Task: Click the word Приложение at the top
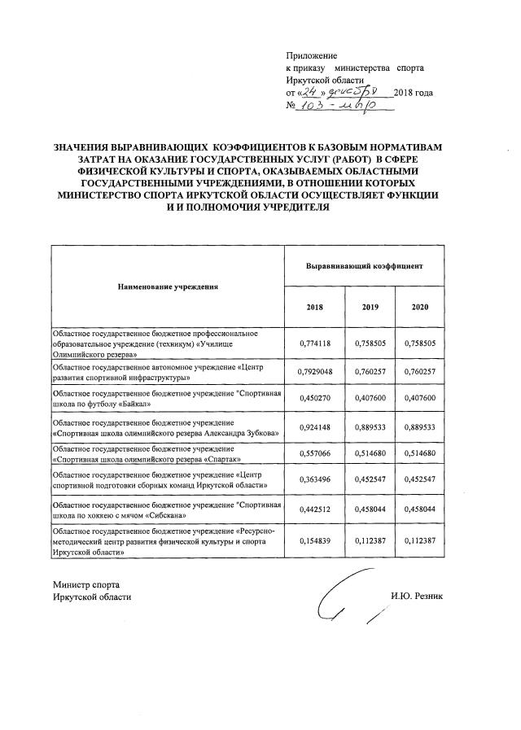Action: [312, 55]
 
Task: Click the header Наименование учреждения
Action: [168, 287]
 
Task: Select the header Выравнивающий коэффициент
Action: [364, 266]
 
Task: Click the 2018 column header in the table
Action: [314, 306]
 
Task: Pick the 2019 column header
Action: [367, 306]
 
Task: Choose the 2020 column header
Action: [420, 306]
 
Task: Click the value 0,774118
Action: [314, 343]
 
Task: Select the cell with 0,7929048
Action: [314, 373]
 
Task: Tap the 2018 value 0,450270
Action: [314, 399]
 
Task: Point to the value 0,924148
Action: [314, 427]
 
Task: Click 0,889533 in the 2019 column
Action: [367, 427]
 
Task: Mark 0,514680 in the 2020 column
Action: [420, 453]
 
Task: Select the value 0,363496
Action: [314, 479]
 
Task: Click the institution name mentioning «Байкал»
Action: [168, 399]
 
